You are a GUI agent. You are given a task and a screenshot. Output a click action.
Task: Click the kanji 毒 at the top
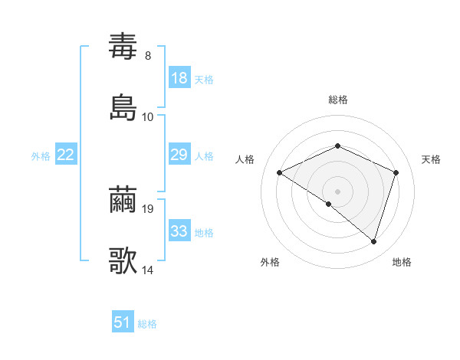click(x=123, y=47)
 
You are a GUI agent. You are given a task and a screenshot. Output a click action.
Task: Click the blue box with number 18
click(x=179, y=78)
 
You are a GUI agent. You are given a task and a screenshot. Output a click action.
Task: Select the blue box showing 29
click(x=179, y=155)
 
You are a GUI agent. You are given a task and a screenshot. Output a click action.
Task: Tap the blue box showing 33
click(x=179, y=231)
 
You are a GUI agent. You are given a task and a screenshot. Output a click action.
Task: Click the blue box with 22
click(x=66, y=155)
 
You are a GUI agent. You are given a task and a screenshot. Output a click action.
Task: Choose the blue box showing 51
click(x=123, y=322)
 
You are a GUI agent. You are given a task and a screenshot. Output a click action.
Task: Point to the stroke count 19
click(x=149, y=208)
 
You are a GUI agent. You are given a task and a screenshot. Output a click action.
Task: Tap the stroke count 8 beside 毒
click(x=148, y=55)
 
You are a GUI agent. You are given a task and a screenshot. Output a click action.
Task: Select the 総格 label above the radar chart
click(x=338, y=100)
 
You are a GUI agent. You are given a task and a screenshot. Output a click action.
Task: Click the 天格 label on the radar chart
click(x=432, y=159)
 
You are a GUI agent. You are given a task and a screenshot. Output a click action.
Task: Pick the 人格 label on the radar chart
click(x=245, y=159)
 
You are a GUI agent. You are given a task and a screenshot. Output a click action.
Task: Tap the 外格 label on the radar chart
click(x=270, y=262)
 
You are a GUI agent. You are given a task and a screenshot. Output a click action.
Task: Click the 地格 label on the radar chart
click(x=402, y=262)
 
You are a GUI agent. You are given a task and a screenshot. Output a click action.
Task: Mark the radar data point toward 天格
click(x=396, y=172)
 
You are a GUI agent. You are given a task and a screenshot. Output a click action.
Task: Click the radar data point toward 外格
click(x=329, y=204)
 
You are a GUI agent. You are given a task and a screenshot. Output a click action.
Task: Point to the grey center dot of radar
click(x=338, y=191)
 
